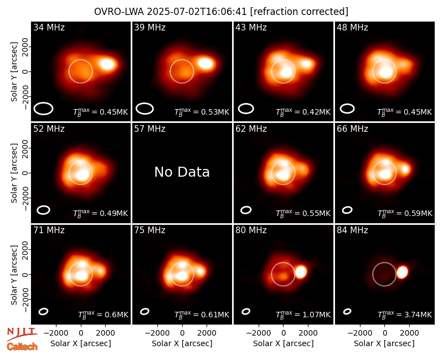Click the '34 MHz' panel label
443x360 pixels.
49,27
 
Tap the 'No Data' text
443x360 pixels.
182,172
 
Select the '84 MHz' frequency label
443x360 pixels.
352,230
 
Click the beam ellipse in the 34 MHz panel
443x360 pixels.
43,109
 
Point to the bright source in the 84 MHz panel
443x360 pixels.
403,272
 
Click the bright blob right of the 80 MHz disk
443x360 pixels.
301,272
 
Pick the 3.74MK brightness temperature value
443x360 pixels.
418,315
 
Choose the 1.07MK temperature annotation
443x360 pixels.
317,315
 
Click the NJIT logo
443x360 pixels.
22,333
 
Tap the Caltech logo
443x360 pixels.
22,347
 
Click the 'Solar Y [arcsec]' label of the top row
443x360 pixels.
14,72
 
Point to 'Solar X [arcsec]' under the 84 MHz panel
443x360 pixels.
384,343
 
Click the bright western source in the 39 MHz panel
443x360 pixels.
205,63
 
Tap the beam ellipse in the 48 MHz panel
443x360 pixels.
347,109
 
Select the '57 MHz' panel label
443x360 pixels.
150,129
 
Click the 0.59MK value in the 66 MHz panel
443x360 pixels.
419,213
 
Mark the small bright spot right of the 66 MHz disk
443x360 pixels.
405,169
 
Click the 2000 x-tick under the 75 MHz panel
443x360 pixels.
207,333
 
